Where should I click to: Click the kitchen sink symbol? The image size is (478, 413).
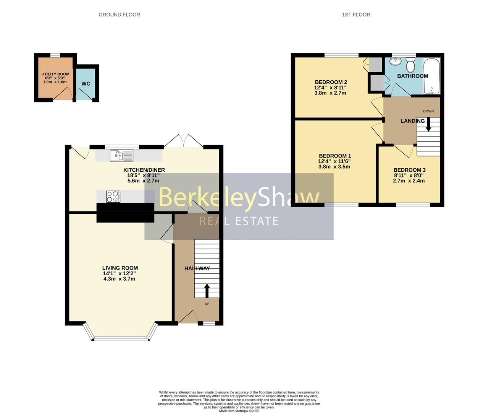click(121, 156)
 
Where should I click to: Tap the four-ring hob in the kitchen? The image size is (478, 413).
click(113, 197)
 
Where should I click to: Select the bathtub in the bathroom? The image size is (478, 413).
click(432, 76)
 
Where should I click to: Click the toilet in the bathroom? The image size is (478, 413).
click(411, 65)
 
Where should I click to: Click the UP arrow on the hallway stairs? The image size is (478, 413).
click(207, 291)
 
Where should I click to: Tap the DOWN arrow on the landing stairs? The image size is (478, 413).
click(428, 124)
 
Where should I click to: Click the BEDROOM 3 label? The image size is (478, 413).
click(409, 170)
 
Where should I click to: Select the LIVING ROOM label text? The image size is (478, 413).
click(120, 268)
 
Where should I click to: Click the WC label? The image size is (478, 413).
click(86, 84)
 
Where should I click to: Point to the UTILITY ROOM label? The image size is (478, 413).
click(55, 74)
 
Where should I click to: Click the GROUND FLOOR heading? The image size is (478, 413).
click(119, 15)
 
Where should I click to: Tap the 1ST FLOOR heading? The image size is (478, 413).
click(356, 15)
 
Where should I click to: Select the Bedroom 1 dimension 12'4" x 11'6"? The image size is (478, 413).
click(335, 161)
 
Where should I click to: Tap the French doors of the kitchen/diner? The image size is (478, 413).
click(183, 141)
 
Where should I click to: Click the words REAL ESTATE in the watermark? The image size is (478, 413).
click(239, 221)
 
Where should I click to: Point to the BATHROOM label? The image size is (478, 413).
click(412, 76)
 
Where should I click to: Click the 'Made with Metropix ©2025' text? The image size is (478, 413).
click(239, 411)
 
